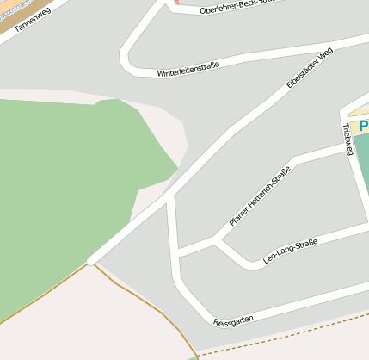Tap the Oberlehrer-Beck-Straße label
(x=233, y=8)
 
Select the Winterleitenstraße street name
(x=188, y=69)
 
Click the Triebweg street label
(x=347, y=138)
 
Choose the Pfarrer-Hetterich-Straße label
(x=259, y=196)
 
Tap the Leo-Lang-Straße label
(x=290, y=251)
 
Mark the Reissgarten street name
(x=233, y=320)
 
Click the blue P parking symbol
(x=364, y=126)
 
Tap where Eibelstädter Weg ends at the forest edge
(x=91, y=259)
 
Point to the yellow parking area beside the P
(x=354, y=127)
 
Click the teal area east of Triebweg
(x=362, y=164)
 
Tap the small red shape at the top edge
(x=177, y=2)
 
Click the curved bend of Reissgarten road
(x=192, y=301)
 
